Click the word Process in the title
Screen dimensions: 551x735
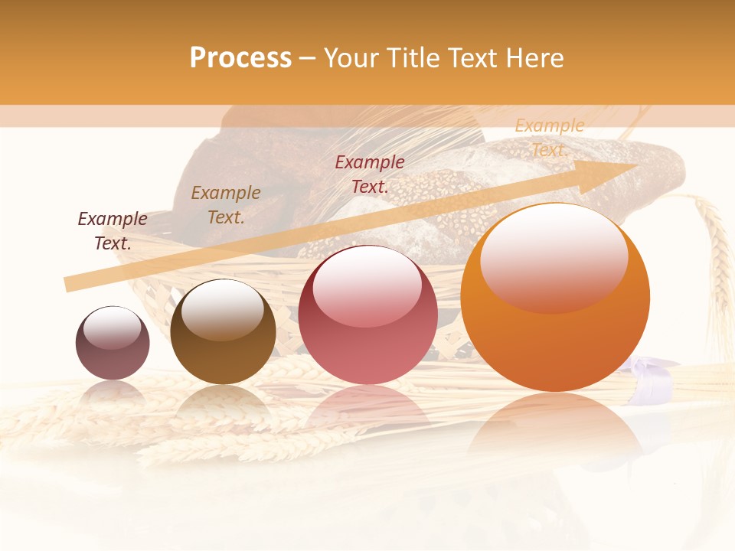(240, 58)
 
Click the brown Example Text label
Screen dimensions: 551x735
(226, 205)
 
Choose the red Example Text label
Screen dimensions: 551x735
(370, 174)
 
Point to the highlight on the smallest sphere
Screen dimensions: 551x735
(112, 328)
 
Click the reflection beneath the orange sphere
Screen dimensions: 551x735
(555, 429)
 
